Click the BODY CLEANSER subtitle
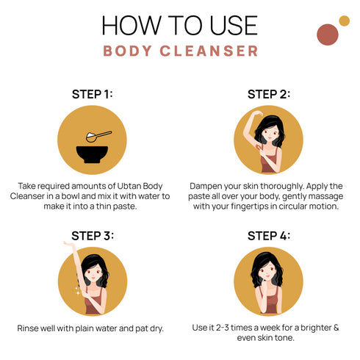(x=180, y=51)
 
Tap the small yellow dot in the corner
(x=344, y=21)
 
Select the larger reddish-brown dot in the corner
(x=327, y=34)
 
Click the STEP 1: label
(x=92, y=94)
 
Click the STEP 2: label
(x=268, y=94)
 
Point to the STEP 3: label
(x=92, y=236)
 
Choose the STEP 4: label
(x=268, y=236)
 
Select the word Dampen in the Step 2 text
(x=209, y=187)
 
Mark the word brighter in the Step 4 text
(x=318, y=328)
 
